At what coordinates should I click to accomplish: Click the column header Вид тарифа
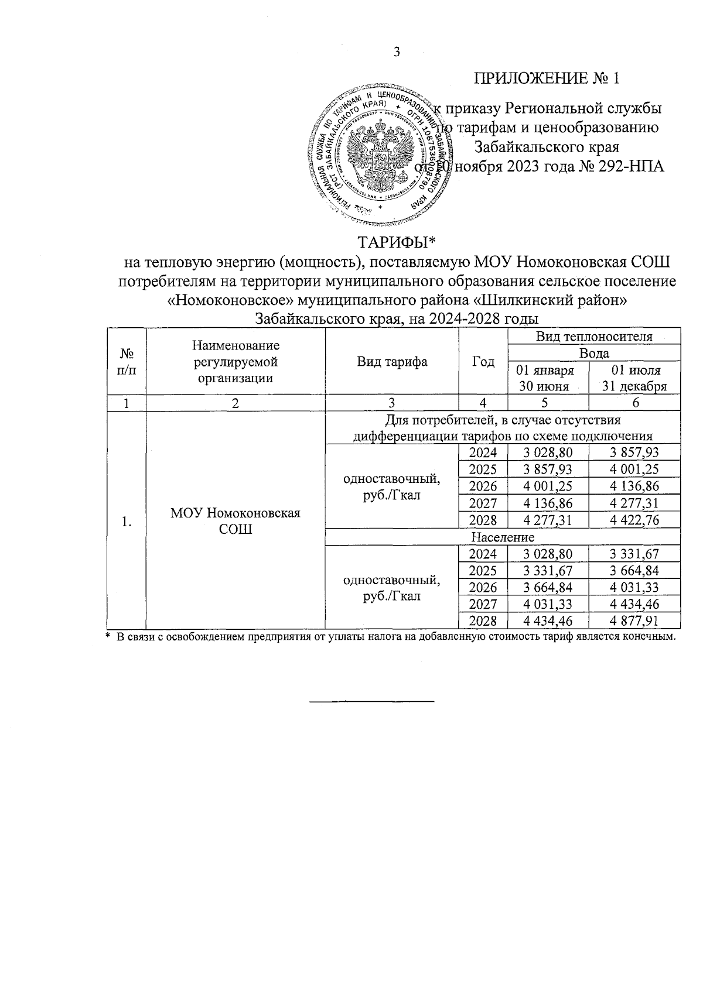coord(392,362)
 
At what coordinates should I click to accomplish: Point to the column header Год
coord(483,362)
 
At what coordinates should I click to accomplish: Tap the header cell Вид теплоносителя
coord(593,337)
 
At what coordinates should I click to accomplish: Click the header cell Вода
coord(593,353)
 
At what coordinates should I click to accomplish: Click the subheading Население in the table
coord(502,537)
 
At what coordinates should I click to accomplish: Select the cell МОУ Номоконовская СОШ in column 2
coord(235,521)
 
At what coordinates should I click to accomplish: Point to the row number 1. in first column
coord(125,521)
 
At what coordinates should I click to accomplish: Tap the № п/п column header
coord(125,362)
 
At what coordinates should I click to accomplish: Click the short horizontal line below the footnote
coord(371,701)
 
